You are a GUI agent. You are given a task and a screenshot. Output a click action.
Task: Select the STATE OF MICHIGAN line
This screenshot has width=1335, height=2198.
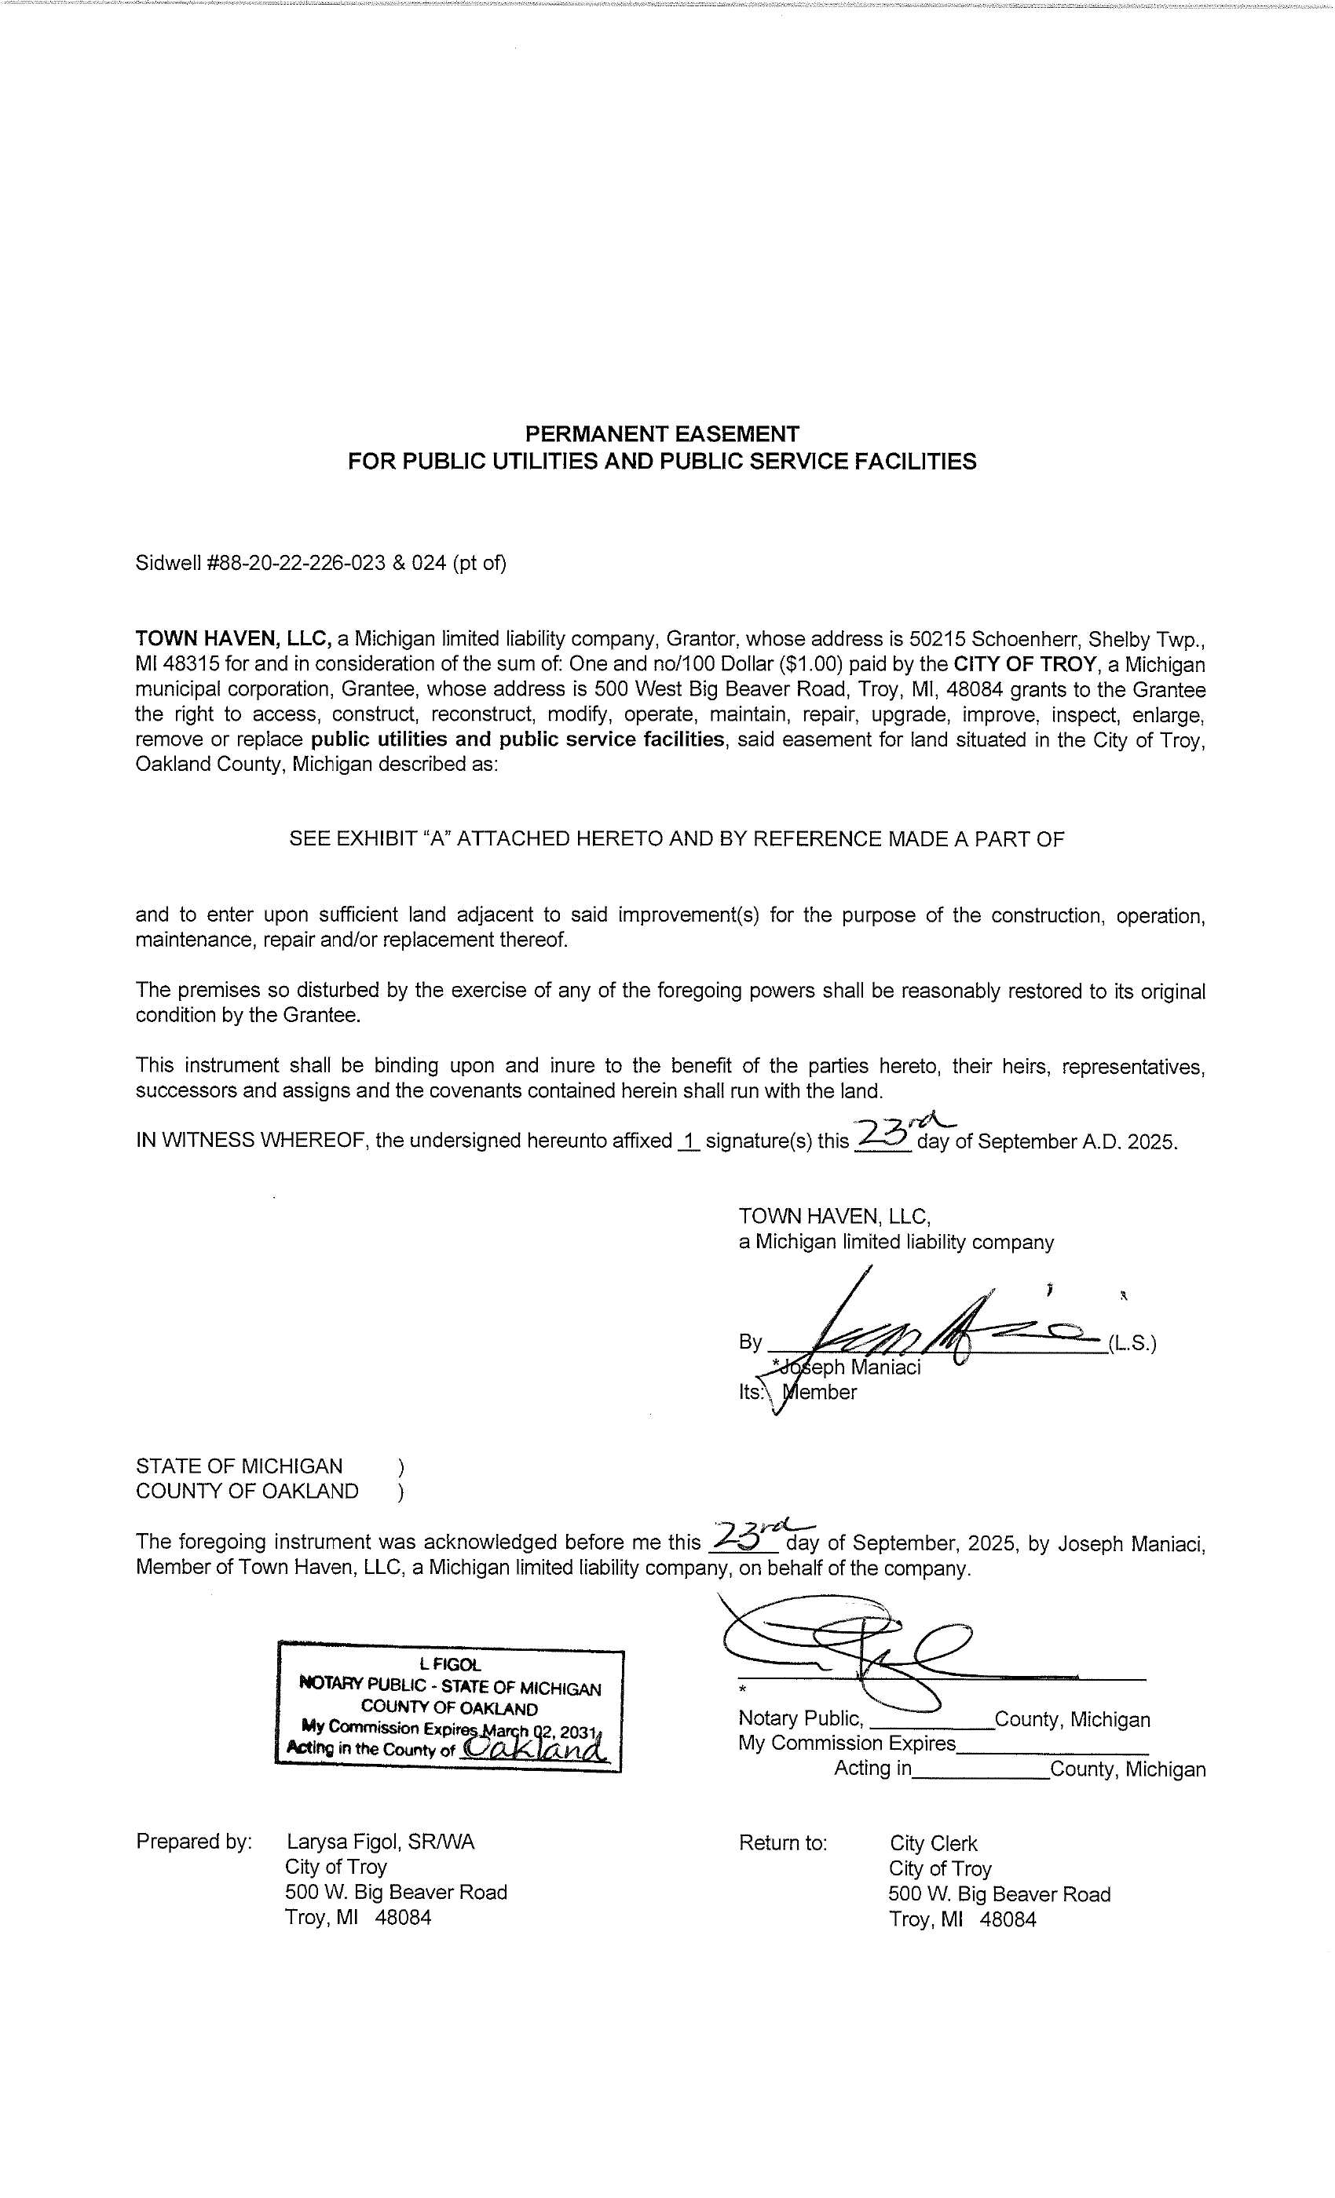point(240,1466)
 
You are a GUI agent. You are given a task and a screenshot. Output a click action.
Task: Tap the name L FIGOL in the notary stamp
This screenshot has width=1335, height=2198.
point(450,1664)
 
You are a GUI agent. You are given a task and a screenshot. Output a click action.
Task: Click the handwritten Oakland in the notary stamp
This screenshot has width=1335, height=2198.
point(536,1749)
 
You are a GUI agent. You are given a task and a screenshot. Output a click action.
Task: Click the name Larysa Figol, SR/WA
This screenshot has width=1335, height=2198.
point(380,1843)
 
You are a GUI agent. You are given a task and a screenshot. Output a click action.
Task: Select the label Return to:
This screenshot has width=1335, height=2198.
point(783,1844)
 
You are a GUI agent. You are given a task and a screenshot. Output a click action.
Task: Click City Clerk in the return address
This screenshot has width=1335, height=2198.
point(934,1844)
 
